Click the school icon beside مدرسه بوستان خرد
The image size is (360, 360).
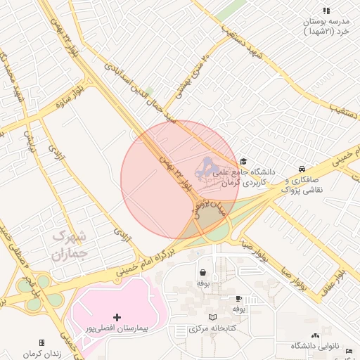tap(326, 11)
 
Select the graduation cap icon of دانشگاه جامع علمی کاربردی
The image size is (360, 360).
tap(243, 161)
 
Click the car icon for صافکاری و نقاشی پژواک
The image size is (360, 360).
tap(302, 169)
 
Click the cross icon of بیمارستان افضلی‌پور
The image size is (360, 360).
tap(117, 318)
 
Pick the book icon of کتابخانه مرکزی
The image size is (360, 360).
tap(212, 318)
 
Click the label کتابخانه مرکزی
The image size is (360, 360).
tap(212, 329)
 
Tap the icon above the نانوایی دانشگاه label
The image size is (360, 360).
tap(315, 336)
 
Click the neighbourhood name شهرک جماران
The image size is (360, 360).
tap(69, 244)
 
